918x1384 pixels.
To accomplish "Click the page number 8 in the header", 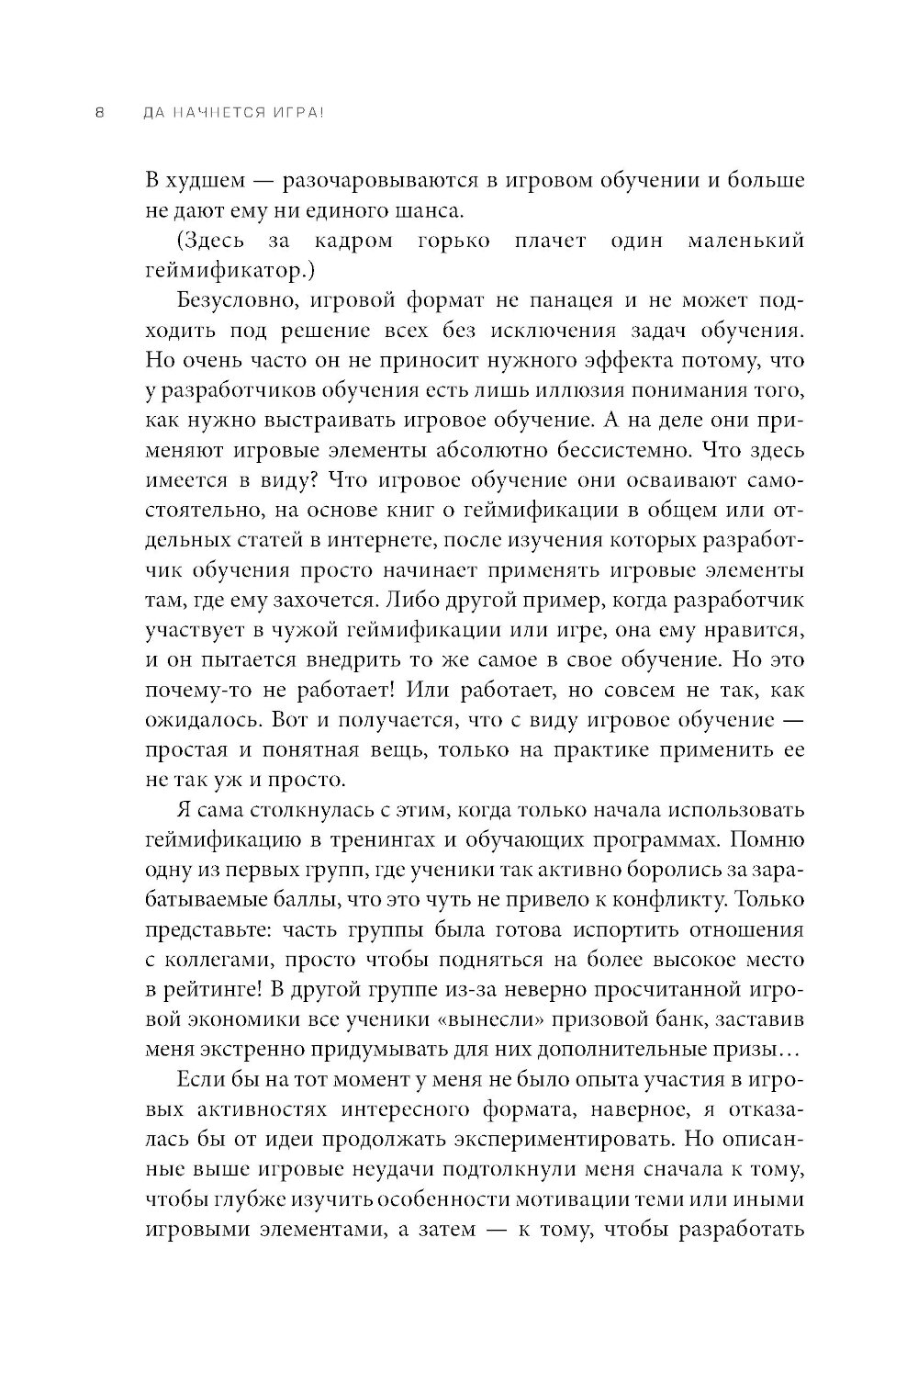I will (x=100, y=114).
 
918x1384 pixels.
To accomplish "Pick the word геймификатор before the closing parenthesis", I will (x=233, y=271).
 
